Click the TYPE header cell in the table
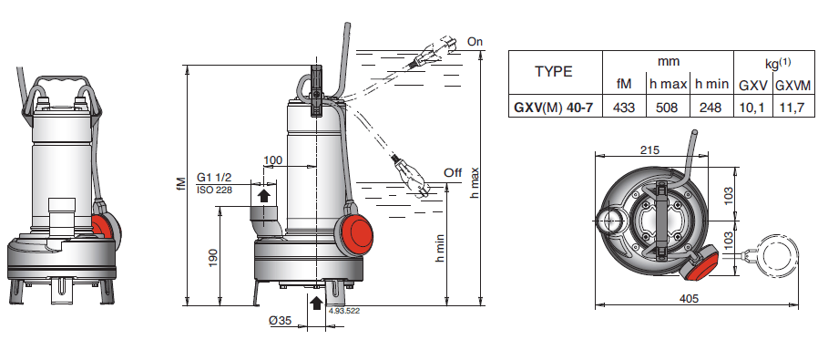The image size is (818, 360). [x=554, y=71]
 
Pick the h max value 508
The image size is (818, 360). [x=667, y=108]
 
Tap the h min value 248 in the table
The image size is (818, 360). [x=711, y=108]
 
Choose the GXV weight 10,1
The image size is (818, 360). [x=752, y=108]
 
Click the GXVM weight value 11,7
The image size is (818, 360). [x=792, y=108]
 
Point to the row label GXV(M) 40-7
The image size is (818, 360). [x=554, y=108]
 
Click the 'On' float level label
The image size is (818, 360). [x=475, y=42]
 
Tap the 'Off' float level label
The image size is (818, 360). [x=453, y=172]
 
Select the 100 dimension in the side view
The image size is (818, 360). [x=272, y=160]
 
